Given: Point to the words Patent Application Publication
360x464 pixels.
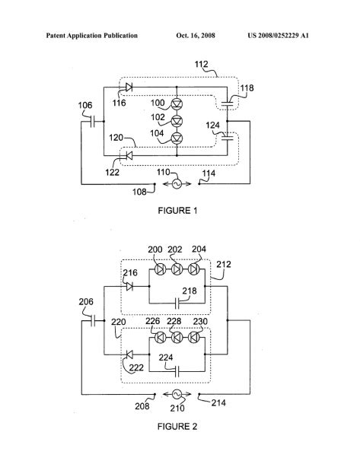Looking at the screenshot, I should [91, 36].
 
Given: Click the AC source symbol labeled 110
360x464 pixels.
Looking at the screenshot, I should [177, 183].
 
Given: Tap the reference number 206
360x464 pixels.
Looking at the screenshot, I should [86, 302].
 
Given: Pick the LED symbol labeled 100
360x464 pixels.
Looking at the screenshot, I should [176, 103].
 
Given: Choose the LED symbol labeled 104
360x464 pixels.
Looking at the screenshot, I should [176, 137].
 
